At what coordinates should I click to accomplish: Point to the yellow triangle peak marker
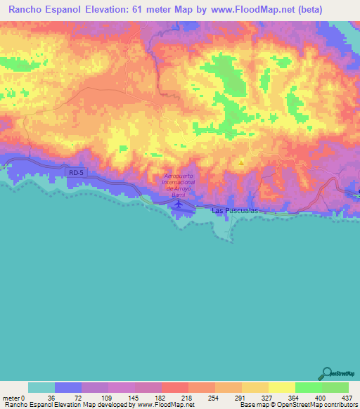click(x=241, y=163)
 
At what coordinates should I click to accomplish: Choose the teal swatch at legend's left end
click(x=41, y=387)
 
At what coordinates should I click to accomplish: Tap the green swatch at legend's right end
click(x=335, y=387)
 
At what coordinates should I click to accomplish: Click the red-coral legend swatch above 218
click(x=174, y=387)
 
